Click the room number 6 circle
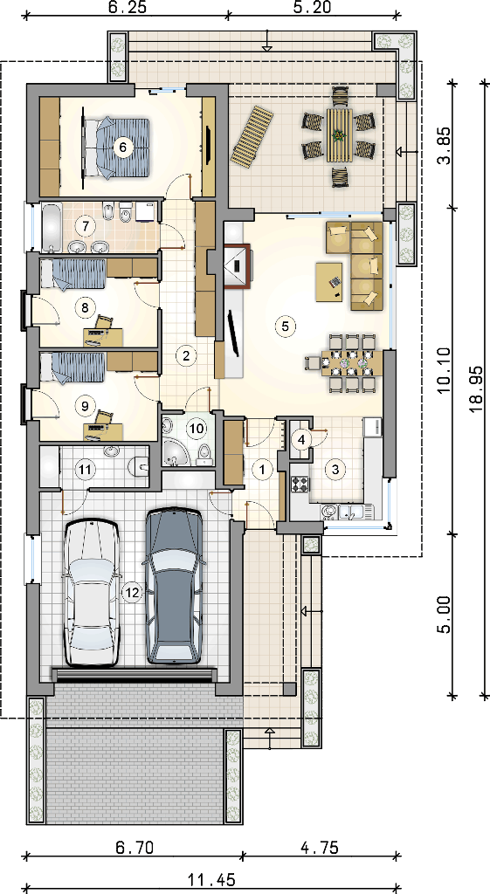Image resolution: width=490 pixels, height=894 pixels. [x=122, y=147]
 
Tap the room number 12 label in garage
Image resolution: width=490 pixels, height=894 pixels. [x=132, y=593]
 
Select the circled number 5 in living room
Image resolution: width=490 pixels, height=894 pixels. [x=284, y=326]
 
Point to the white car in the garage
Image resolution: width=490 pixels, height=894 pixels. [x=93, y=593]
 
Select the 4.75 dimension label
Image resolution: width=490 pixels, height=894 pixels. [x=320, y=848]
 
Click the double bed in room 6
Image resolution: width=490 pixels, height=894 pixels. [x=117, y=146]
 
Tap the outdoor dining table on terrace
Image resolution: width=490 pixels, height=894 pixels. [x=340, y=137]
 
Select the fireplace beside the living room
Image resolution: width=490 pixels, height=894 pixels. [x=236, y=266]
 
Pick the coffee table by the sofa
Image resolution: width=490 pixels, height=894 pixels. [x=330, y=281]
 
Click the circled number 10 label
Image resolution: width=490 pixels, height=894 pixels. [x=196, y=428]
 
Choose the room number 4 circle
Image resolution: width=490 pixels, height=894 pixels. [x=301, y=439]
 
